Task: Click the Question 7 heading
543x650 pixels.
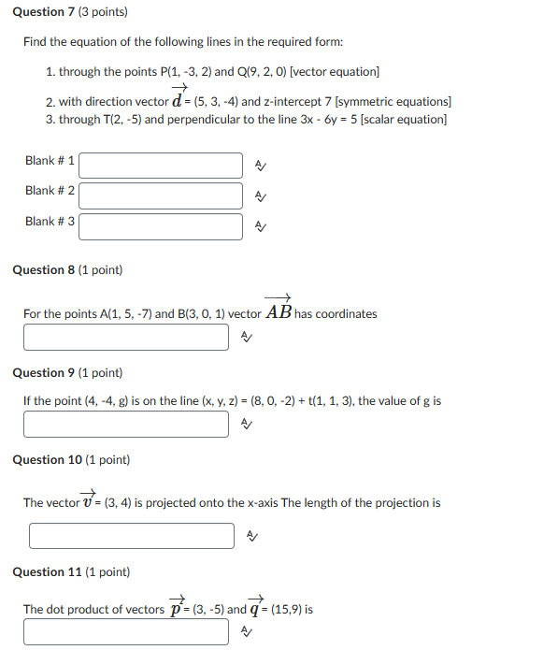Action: point(70,12)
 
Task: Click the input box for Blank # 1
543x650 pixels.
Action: point(161,166)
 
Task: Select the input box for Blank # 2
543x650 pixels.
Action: point(161,195)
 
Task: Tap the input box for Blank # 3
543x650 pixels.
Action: point(161,226)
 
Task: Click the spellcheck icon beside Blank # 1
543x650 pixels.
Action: point(261,166)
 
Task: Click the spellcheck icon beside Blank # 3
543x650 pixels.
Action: point(261,226)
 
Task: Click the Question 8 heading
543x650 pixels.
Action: point(67,270)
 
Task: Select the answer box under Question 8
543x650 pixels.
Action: point(126,338)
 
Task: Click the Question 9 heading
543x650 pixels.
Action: point(67,372)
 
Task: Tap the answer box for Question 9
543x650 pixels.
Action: point(126,425)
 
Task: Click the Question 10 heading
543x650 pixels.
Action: point(71,459)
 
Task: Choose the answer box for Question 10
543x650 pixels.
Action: point(132,536)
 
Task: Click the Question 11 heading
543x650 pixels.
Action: point(71,571)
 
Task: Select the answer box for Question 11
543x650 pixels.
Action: point(126,632)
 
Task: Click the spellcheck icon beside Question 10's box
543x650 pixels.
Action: point(251,536)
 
